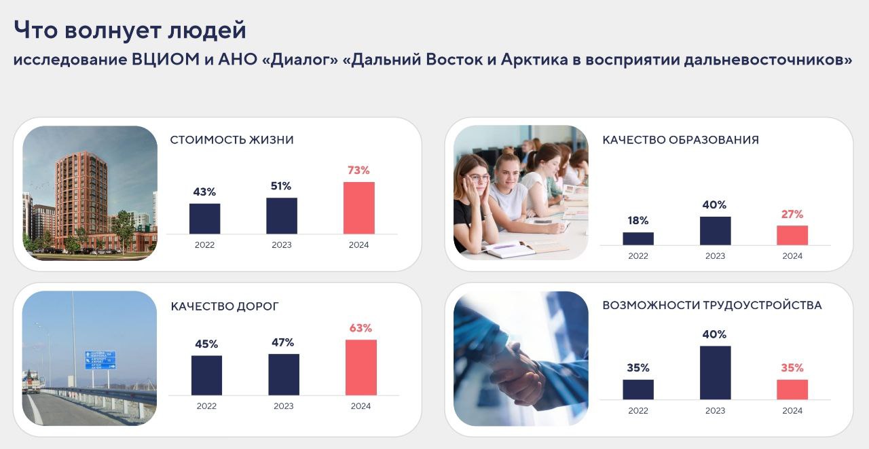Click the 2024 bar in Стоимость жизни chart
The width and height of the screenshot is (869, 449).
359,208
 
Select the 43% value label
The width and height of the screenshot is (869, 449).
204,192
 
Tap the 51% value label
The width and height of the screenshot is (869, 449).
281,186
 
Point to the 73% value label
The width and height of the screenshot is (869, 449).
358,170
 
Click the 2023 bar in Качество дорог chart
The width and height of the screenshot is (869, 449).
284,374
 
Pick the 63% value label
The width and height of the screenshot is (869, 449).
360,328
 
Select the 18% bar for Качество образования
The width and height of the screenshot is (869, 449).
638,238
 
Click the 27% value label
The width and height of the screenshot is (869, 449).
792,214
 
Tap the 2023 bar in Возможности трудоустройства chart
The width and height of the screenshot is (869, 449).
716,372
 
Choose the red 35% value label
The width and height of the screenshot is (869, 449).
792,367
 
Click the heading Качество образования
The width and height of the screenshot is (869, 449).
680,140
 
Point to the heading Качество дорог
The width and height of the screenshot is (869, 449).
225,306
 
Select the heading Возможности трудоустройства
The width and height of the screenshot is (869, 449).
712,305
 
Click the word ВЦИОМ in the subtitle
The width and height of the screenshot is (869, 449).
166,59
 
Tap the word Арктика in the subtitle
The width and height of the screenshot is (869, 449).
534,59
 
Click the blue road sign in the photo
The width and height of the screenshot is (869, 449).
100,360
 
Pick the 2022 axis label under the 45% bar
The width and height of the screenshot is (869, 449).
206,406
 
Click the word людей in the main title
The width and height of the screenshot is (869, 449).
207,31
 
